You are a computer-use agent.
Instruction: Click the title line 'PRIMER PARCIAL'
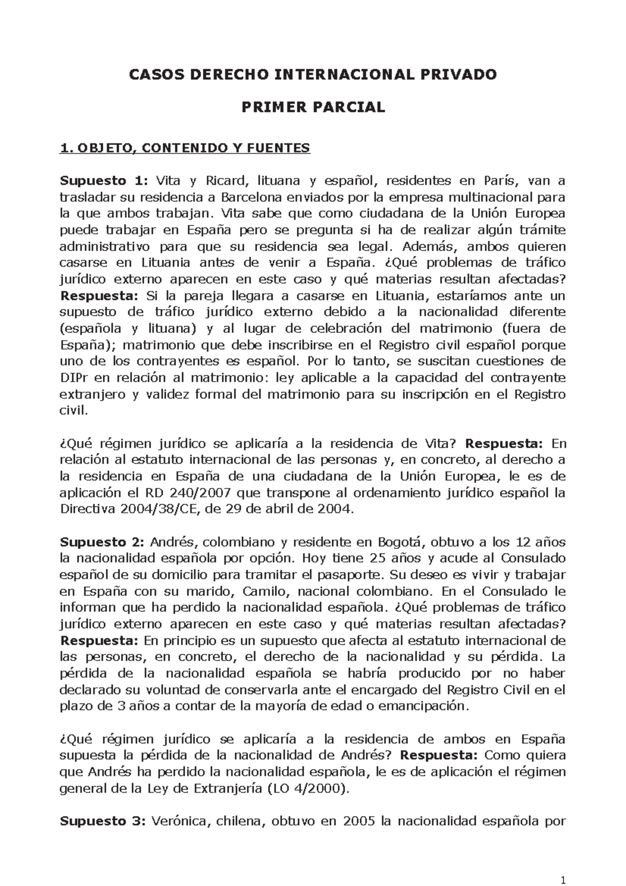click(x=312, y=107)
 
